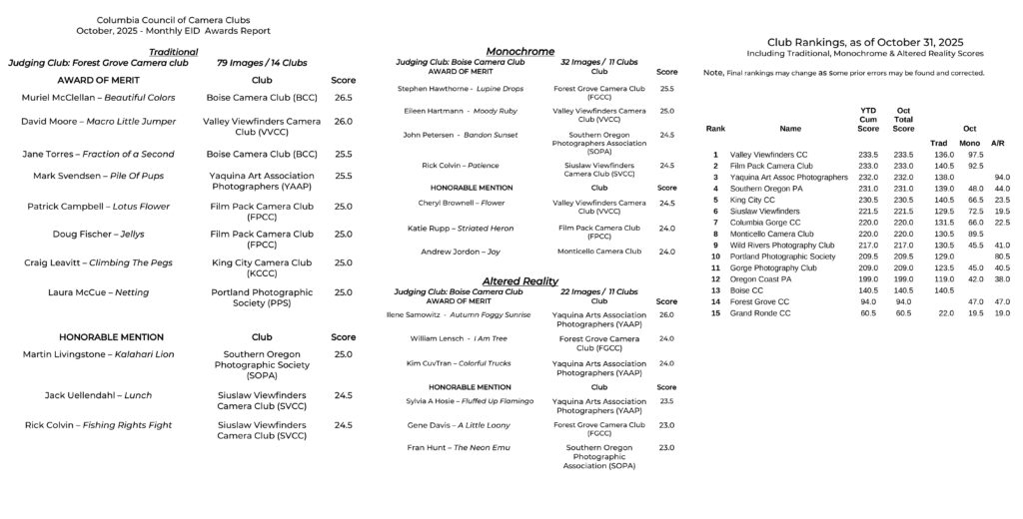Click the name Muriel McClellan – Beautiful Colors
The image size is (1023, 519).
coord(98,98)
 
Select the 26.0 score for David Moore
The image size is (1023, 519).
coord(343,122)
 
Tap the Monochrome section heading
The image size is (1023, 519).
coord(519,51)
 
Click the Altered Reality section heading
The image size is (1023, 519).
coord(519,281)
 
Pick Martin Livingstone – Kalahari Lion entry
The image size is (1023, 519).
coord(98,354)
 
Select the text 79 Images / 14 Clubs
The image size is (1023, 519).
coord(262,63)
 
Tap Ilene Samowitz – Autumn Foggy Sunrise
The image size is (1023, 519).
coord(459,314)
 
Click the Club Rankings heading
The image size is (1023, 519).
coord(864,42)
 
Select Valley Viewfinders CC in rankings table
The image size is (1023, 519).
coord(768,155)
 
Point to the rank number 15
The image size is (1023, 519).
coord(715,312)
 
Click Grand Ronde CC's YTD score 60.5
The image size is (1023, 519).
coord(868,312)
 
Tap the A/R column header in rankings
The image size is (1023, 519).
coord(997,143)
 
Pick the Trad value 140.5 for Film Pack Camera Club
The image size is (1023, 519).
coord(943,166)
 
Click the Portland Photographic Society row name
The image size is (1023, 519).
coord(782,257)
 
